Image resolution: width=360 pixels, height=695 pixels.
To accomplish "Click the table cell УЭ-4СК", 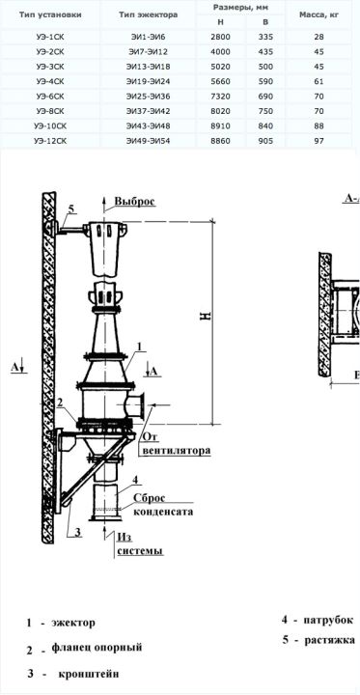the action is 50,81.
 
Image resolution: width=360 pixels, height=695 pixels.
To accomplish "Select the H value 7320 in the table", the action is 221,97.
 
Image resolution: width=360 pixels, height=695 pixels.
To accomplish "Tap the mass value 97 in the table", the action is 319,141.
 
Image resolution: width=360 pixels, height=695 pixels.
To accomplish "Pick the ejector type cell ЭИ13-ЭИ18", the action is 148,67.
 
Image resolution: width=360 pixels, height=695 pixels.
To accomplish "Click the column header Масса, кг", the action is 319,14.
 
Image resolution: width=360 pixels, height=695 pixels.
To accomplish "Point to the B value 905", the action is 265,141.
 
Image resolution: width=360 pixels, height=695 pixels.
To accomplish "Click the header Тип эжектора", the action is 148,14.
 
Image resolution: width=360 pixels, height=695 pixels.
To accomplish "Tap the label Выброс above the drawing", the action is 135,201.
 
